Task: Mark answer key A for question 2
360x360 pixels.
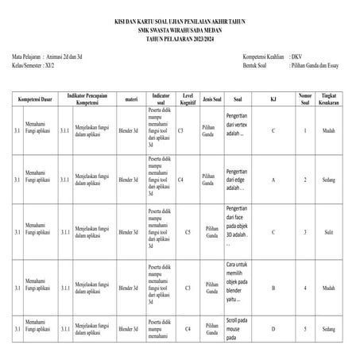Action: (x=273, y=180)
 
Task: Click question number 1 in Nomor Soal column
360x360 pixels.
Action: (x=305, y=130)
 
